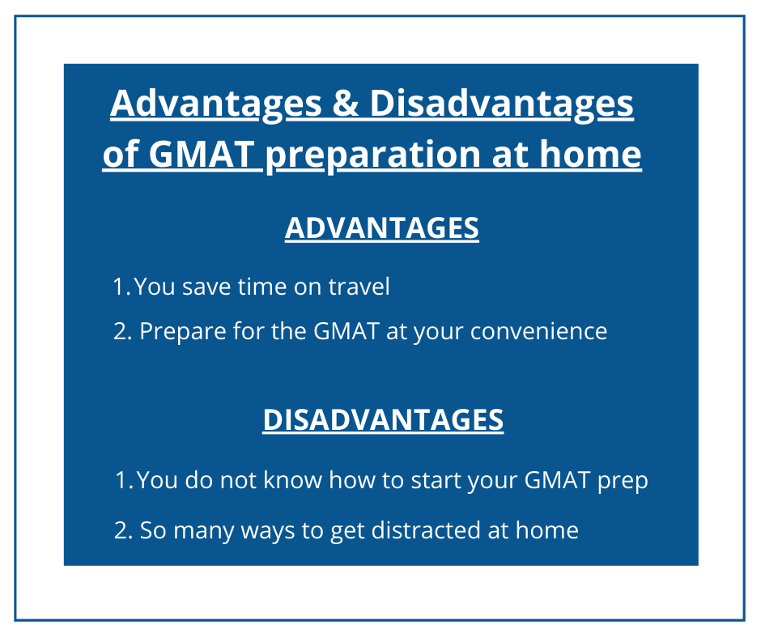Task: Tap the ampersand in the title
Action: [x=346, y=103]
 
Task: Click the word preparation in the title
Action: [x=372, y=155]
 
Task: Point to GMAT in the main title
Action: [x=202, y=154]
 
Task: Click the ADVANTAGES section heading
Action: [x=382, y=228]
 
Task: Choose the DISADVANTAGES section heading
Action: [x=383, y=419]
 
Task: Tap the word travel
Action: [x=359, y=286]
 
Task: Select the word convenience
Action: [x=538, y=332]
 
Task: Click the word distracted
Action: [x=426, y=530]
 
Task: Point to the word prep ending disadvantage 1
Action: [x=623, y=481]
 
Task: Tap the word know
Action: [x=292, y=479]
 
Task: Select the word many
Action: [x=204, y=532]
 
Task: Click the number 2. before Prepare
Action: [x=123, y=332]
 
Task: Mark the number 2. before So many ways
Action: [x=123, y=530]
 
